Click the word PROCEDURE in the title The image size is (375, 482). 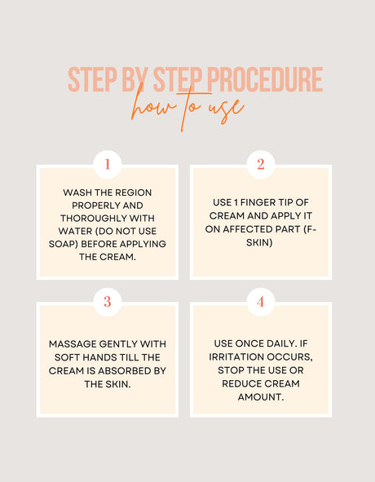point(265,80)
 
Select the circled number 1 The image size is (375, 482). point(108,164)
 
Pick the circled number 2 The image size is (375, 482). point(261,164)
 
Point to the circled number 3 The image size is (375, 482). point(108,302)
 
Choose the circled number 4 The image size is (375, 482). point(261,302)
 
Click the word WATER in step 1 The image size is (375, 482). point(73,231)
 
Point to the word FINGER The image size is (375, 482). point(258,202)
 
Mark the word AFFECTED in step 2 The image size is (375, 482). point(249,229)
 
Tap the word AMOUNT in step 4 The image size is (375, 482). point(261,397)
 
